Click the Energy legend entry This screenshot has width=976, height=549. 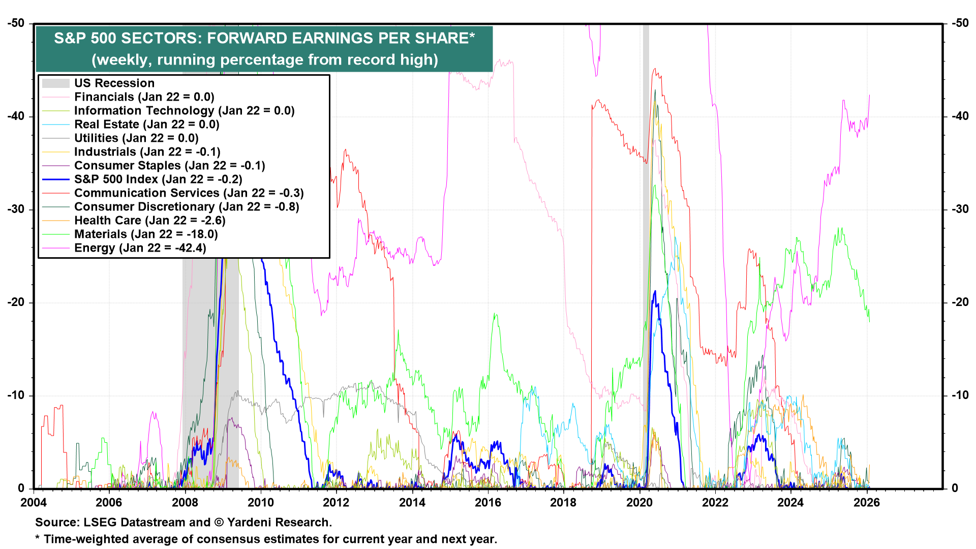tap(140, 248)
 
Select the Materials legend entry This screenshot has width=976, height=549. tap(145, 234)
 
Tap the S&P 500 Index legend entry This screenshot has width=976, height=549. tap(158, 179)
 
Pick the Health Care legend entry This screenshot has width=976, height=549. tap(149, 221)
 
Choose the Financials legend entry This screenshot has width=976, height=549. tap(144, 97)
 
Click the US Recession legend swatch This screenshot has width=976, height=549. tap(55, 83)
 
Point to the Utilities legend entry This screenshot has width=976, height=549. tap(136, 138)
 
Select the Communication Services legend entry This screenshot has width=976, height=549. tap(189, 193)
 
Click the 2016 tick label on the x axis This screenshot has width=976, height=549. tap(487, 503)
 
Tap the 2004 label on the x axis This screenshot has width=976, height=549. tap(34, 503)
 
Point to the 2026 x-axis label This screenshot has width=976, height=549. tap(866, 503)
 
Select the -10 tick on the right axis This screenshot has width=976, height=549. tap(960, 395)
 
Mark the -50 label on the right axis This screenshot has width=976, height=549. tap(960, 23)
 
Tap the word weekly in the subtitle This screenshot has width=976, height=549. tap(124, 60)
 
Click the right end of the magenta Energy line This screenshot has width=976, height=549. tap(870, 95)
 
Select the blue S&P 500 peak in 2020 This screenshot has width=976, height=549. tap(655, 291)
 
